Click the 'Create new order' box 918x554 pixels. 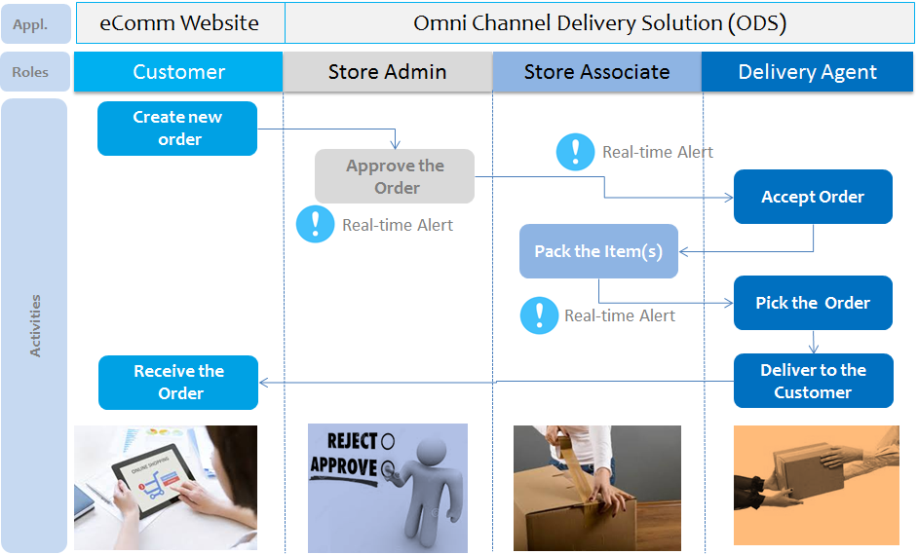[177, 129]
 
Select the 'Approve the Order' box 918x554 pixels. [395, 176]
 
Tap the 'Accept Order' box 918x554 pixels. [813, 197]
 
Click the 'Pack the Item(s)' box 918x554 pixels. [598, 251]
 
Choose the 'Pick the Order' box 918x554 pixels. [813, 303]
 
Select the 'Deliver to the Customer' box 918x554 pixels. [813, 381]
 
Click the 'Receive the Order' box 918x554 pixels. [178, 382]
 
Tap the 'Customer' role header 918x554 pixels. [178, 72]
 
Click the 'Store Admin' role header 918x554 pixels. [387, 72]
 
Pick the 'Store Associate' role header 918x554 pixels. [596, 72]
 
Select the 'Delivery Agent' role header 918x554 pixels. [807, 72]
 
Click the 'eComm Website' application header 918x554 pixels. [179, 23]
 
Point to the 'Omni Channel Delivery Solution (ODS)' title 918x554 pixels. [599, 23]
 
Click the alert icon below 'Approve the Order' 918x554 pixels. [315, 224]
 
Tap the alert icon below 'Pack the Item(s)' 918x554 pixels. [538, 314]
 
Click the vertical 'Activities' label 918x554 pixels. [36, 326]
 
